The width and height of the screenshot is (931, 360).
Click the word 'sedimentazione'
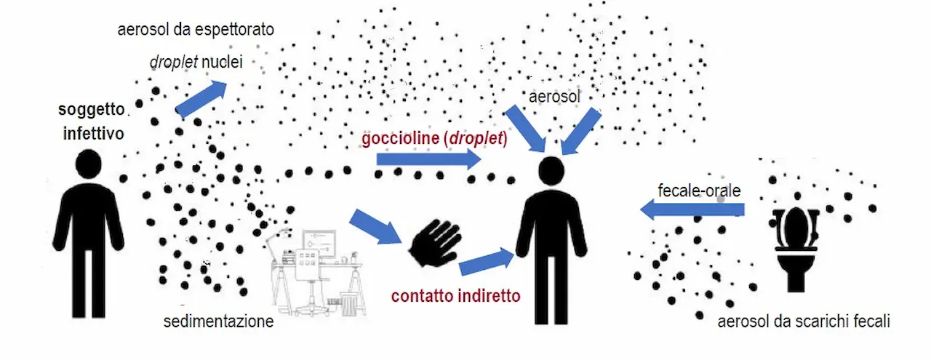[219, 321]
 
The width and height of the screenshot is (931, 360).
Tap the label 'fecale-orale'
[699, 191]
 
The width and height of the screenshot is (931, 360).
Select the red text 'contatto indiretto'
[455, 296]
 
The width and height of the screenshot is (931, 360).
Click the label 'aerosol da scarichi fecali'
[804, 321]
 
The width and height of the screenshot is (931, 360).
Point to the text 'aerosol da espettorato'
[196, 30]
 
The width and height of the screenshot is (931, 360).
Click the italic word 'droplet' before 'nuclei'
[173, 63]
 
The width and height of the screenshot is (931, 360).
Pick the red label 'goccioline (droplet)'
[434, 138]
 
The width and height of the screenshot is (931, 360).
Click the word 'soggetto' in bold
[92, 110]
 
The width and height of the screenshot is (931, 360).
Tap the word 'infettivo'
[94, 134]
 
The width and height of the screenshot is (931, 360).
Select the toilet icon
[796, 249]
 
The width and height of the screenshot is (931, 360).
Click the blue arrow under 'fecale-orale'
[692, 209]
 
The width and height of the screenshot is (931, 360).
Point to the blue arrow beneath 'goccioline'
[429, 159]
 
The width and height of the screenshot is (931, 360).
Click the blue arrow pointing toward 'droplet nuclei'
[201, 98]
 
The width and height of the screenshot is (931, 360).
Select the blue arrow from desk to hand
[375, 227]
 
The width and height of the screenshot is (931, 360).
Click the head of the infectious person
[89, 164]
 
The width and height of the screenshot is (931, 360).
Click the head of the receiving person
[551, 170]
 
